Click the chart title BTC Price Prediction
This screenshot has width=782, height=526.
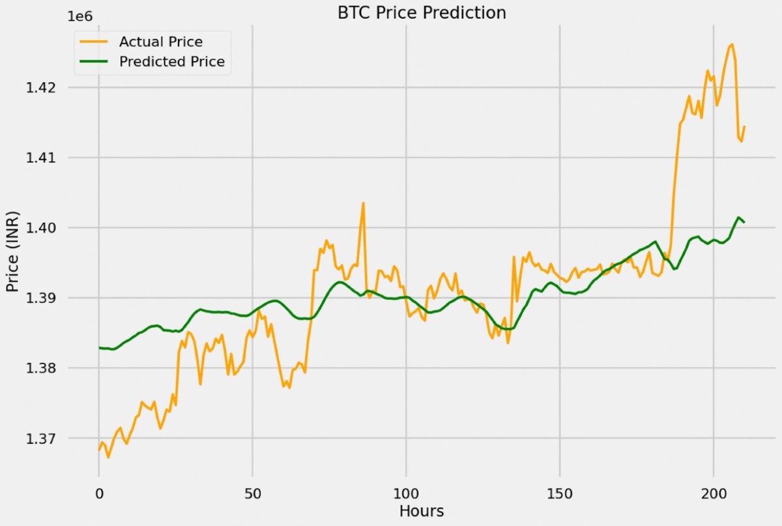[x=422, y=12]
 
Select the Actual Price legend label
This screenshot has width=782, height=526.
[x=160, y=42]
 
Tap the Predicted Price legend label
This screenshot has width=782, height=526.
[x=171, y=62]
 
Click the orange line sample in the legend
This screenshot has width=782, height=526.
[x=94, y=42]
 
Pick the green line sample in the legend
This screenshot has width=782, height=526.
[x=94, y=62]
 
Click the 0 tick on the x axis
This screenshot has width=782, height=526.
[x=99, y=492]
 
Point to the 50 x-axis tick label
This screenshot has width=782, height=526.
[x=252, y=492]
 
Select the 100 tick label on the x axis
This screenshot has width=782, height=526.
[x=406, y=492]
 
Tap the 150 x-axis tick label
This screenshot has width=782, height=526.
[x=560, y=492]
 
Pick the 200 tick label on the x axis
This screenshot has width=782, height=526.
[x=714, y=492]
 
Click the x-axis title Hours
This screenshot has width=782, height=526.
[x=422, y=511]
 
